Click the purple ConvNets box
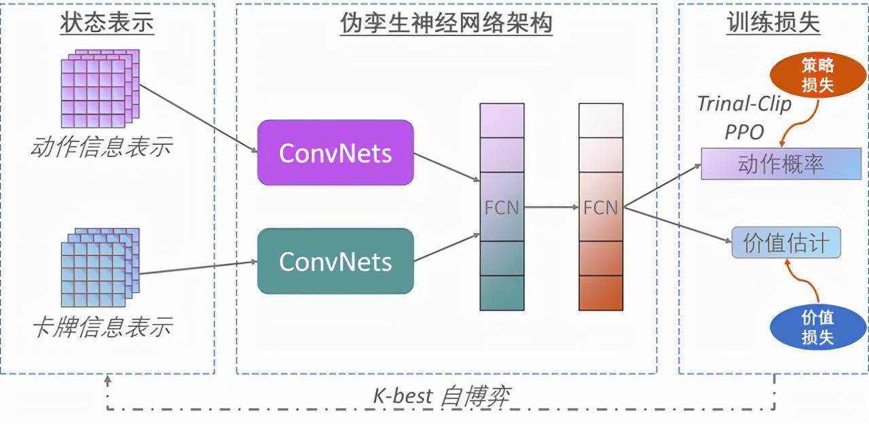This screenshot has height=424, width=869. [x=335, y=153]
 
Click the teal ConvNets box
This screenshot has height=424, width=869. [x=335, y=261]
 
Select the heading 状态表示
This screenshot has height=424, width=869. [x=107, y=23]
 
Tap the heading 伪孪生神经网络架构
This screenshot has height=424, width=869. [x=446, y=23]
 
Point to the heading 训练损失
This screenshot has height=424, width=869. [x=773, y=23]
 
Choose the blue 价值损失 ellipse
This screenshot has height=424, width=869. [x=817, y=327]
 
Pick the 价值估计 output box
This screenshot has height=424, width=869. [x=786, y=243]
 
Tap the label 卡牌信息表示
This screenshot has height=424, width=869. [x=102, y=328]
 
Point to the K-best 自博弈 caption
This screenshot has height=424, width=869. [x=441, y=395]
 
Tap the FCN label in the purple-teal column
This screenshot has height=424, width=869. [x=502, y=207]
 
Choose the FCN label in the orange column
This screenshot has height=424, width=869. [x=601, y=207]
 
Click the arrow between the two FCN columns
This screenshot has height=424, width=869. [x=551, y=207]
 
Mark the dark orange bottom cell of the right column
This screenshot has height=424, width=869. [x=601, y=293]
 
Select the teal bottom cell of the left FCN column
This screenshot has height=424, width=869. [x=502, y=293]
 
